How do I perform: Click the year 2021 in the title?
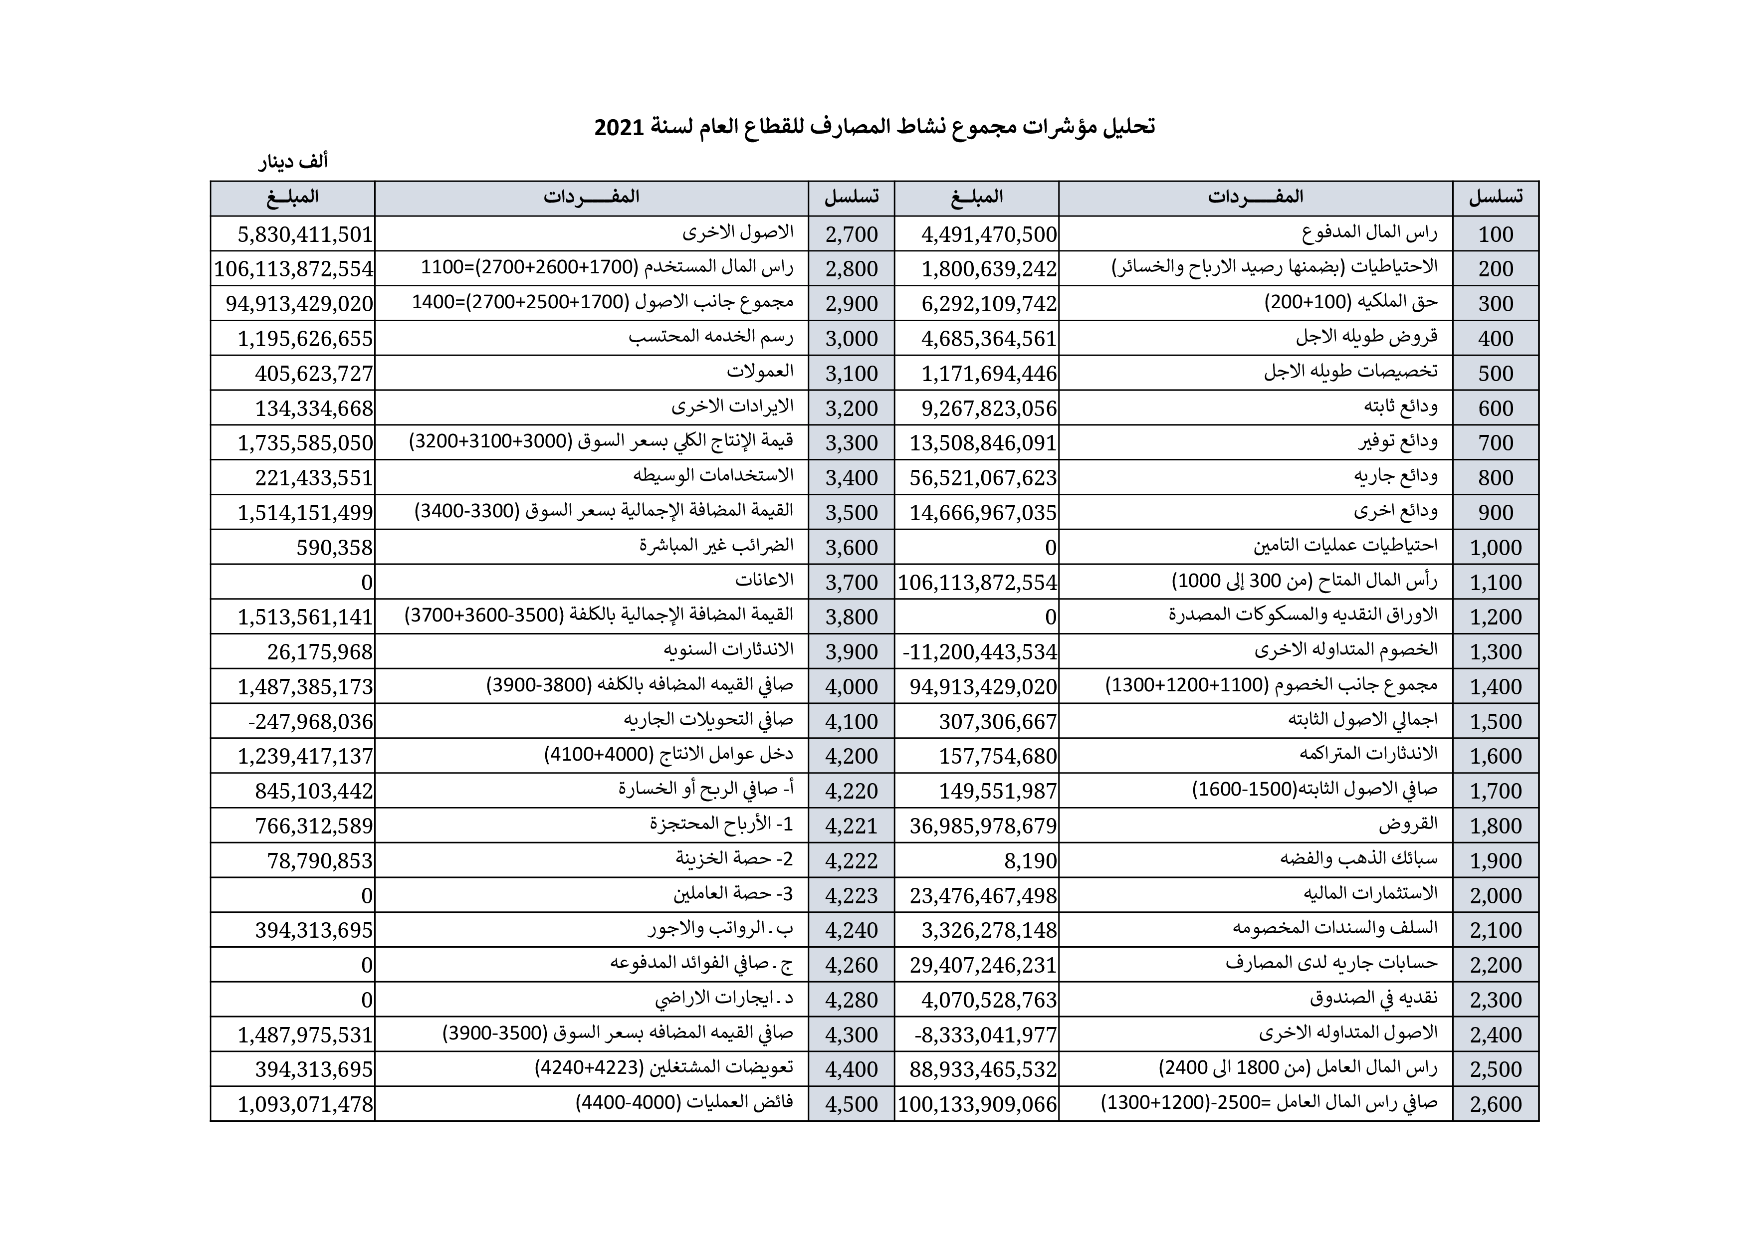(620, 127)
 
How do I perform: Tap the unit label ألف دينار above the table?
(293, 162)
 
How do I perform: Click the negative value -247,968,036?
(310, 722)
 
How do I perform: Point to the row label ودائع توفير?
(1399, 442)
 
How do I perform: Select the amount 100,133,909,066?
(977, 1104)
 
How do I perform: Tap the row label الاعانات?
(764, 581)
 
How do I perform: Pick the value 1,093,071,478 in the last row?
(305, 1104)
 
